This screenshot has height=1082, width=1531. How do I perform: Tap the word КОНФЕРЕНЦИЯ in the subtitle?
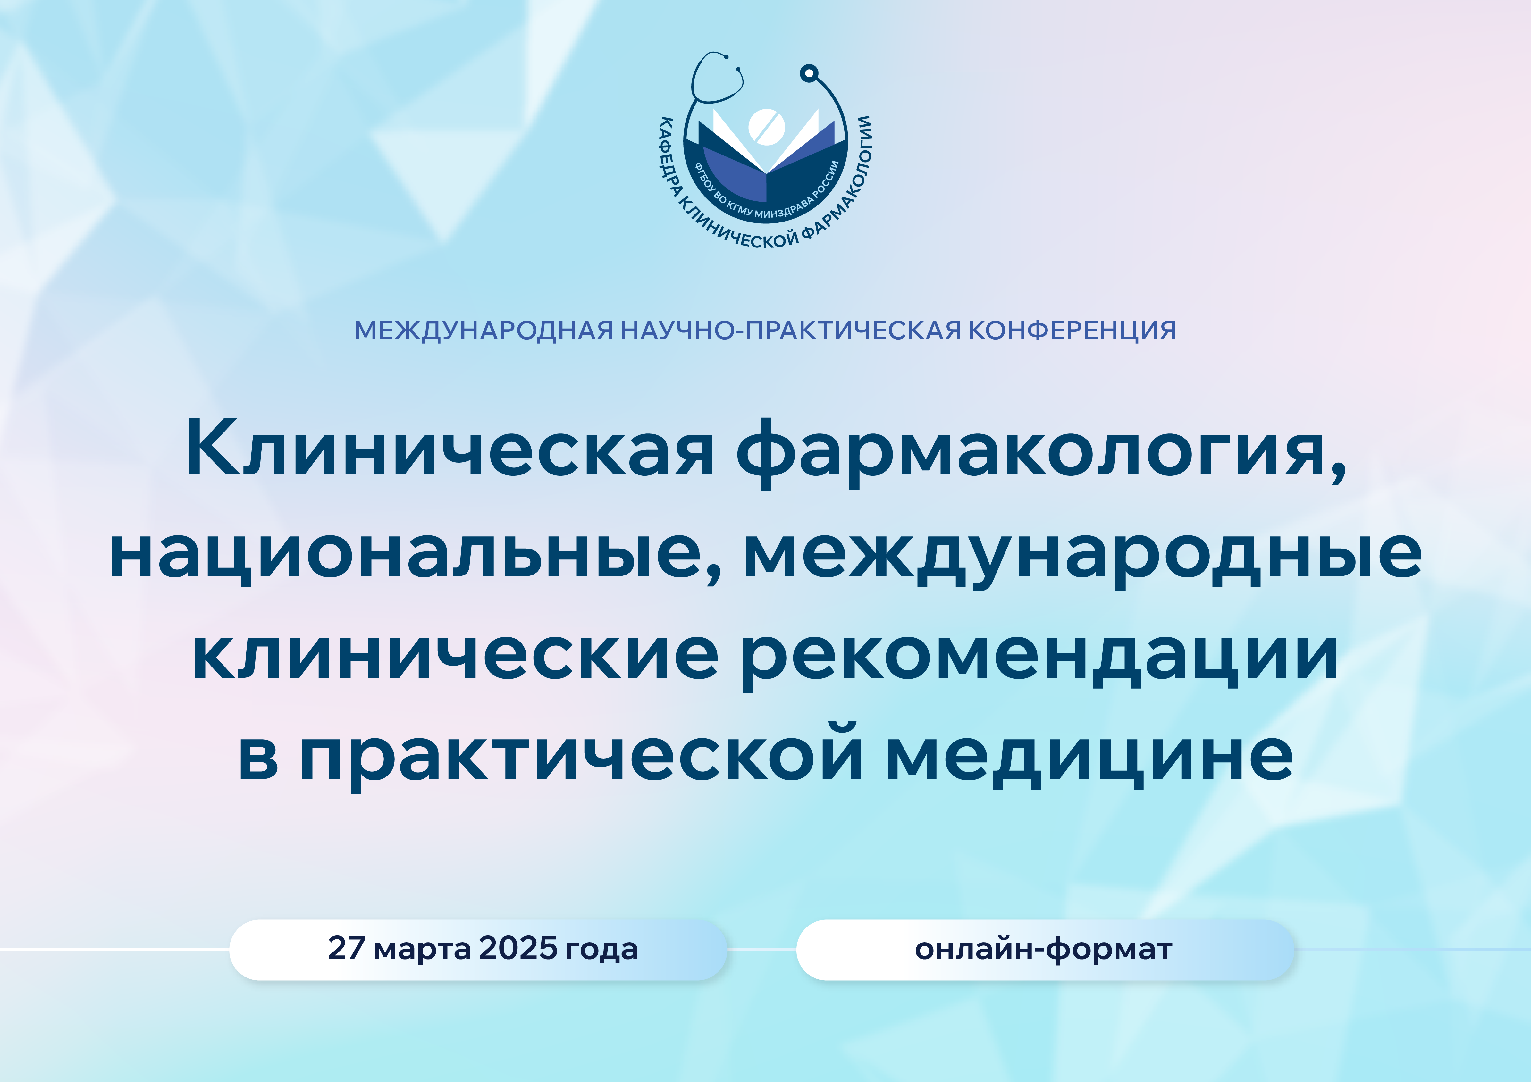(x=1072, y=330)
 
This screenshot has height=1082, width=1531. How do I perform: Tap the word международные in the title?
(x=1083, y=557)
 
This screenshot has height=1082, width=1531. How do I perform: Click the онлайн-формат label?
(x=1044, y=949)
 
